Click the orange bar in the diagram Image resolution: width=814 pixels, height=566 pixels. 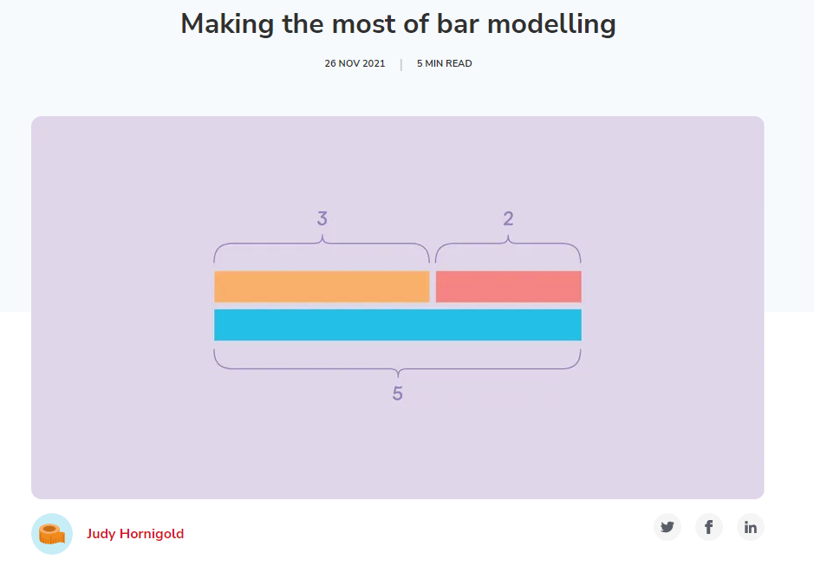pyautogui.click(x=322, y=286)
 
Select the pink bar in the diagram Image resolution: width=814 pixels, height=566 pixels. pyautogui.click(x=508, y=286)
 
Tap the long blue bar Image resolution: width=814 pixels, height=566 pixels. pyautogui.click(x=398, y=325)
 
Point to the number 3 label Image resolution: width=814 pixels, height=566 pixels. pyautogui.click(x=322, y=218)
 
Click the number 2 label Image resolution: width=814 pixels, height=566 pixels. pyautogui.click(x=508, y=218)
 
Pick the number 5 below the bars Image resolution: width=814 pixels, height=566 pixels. pyautogui.click(x=398, y=394)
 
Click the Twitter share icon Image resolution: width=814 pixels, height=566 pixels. pyautogui.click(x=667, y=527)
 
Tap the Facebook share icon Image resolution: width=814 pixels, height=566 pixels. pyautogui.click(x=708, y=527)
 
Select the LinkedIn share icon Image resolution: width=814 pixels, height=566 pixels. pyautogui.click(x=750, y=527)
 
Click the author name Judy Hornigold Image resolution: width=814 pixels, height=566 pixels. pyautogui.click(x=135, y=534)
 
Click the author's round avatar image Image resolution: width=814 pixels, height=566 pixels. pyautogui.click(x=52, y=534)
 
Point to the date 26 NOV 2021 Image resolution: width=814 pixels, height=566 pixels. pyautogui.click(x=355, y=63)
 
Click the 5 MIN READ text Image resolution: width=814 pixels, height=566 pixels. pyautogui.click(x=445, y=63)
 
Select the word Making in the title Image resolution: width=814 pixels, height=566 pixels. pyautogui.click(x=227, y=25)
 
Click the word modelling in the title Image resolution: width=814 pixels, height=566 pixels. pyautogui.click(x=551, y=25)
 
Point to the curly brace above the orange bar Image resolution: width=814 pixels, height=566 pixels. pyautogui.click(x=322, y=243)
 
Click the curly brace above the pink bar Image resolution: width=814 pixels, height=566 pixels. pyautogui.click(x=508, y=243)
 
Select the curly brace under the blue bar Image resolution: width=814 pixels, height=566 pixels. pyautogui.click(x=398, y=368)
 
